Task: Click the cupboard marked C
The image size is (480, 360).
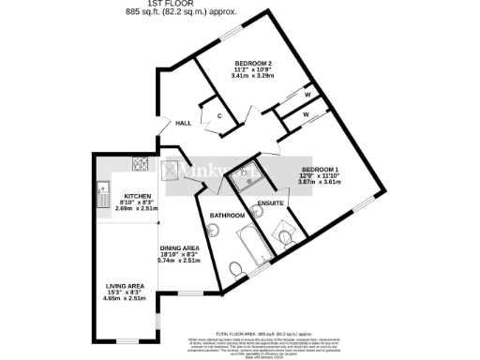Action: click(x=218, y=116)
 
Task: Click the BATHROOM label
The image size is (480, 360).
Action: click(x=227, y=216)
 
